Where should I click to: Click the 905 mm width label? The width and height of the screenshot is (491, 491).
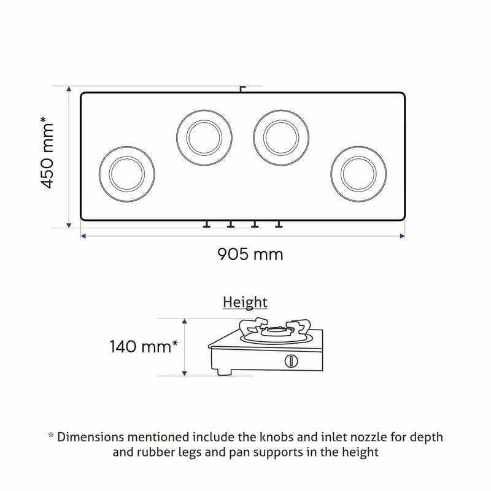tap(250, 254)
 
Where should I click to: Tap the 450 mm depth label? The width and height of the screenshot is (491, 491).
tap(47, 152)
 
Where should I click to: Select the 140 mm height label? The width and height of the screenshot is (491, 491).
tap(144, 347)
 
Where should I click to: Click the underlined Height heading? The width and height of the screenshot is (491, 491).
tap(245, 303)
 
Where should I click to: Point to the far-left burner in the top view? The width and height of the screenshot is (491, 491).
tap(127, 174)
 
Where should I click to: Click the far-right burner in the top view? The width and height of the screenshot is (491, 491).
tap(358, 174)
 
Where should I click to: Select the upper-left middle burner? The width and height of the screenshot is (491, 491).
tap(204, 137)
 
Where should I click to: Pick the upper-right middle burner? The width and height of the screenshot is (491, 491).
tap(281, 137)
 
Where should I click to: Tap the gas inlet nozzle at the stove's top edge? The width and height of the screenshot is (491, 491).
tap(242, 89)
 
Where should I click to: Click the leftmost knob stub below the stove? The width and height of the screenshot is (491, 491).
tap(206, 224)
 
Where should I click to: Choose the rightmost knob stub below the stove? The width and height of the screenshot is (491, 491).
tap(279, 224)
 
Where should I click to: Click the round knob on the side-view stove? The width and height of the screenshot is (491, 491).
tap(291, 361)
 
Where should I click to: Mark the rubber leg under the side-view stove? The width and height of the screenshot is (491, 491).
tap(225, 373)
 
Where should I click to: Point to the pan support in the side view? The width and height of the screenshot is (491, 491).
tap(275, 330)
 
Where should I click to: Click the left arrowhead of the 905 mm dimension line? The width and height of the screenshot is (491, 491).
tap(83, 236)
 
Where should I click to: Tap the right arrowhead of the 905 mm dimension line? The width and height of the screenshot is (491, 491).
tap(403, 236)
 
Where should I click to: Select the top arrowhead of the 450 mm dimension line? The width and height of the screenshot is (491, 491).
tap(69, 89)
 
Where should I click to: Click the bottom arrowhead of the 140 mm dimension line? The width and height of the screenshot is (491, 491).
tap(185, 373)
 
